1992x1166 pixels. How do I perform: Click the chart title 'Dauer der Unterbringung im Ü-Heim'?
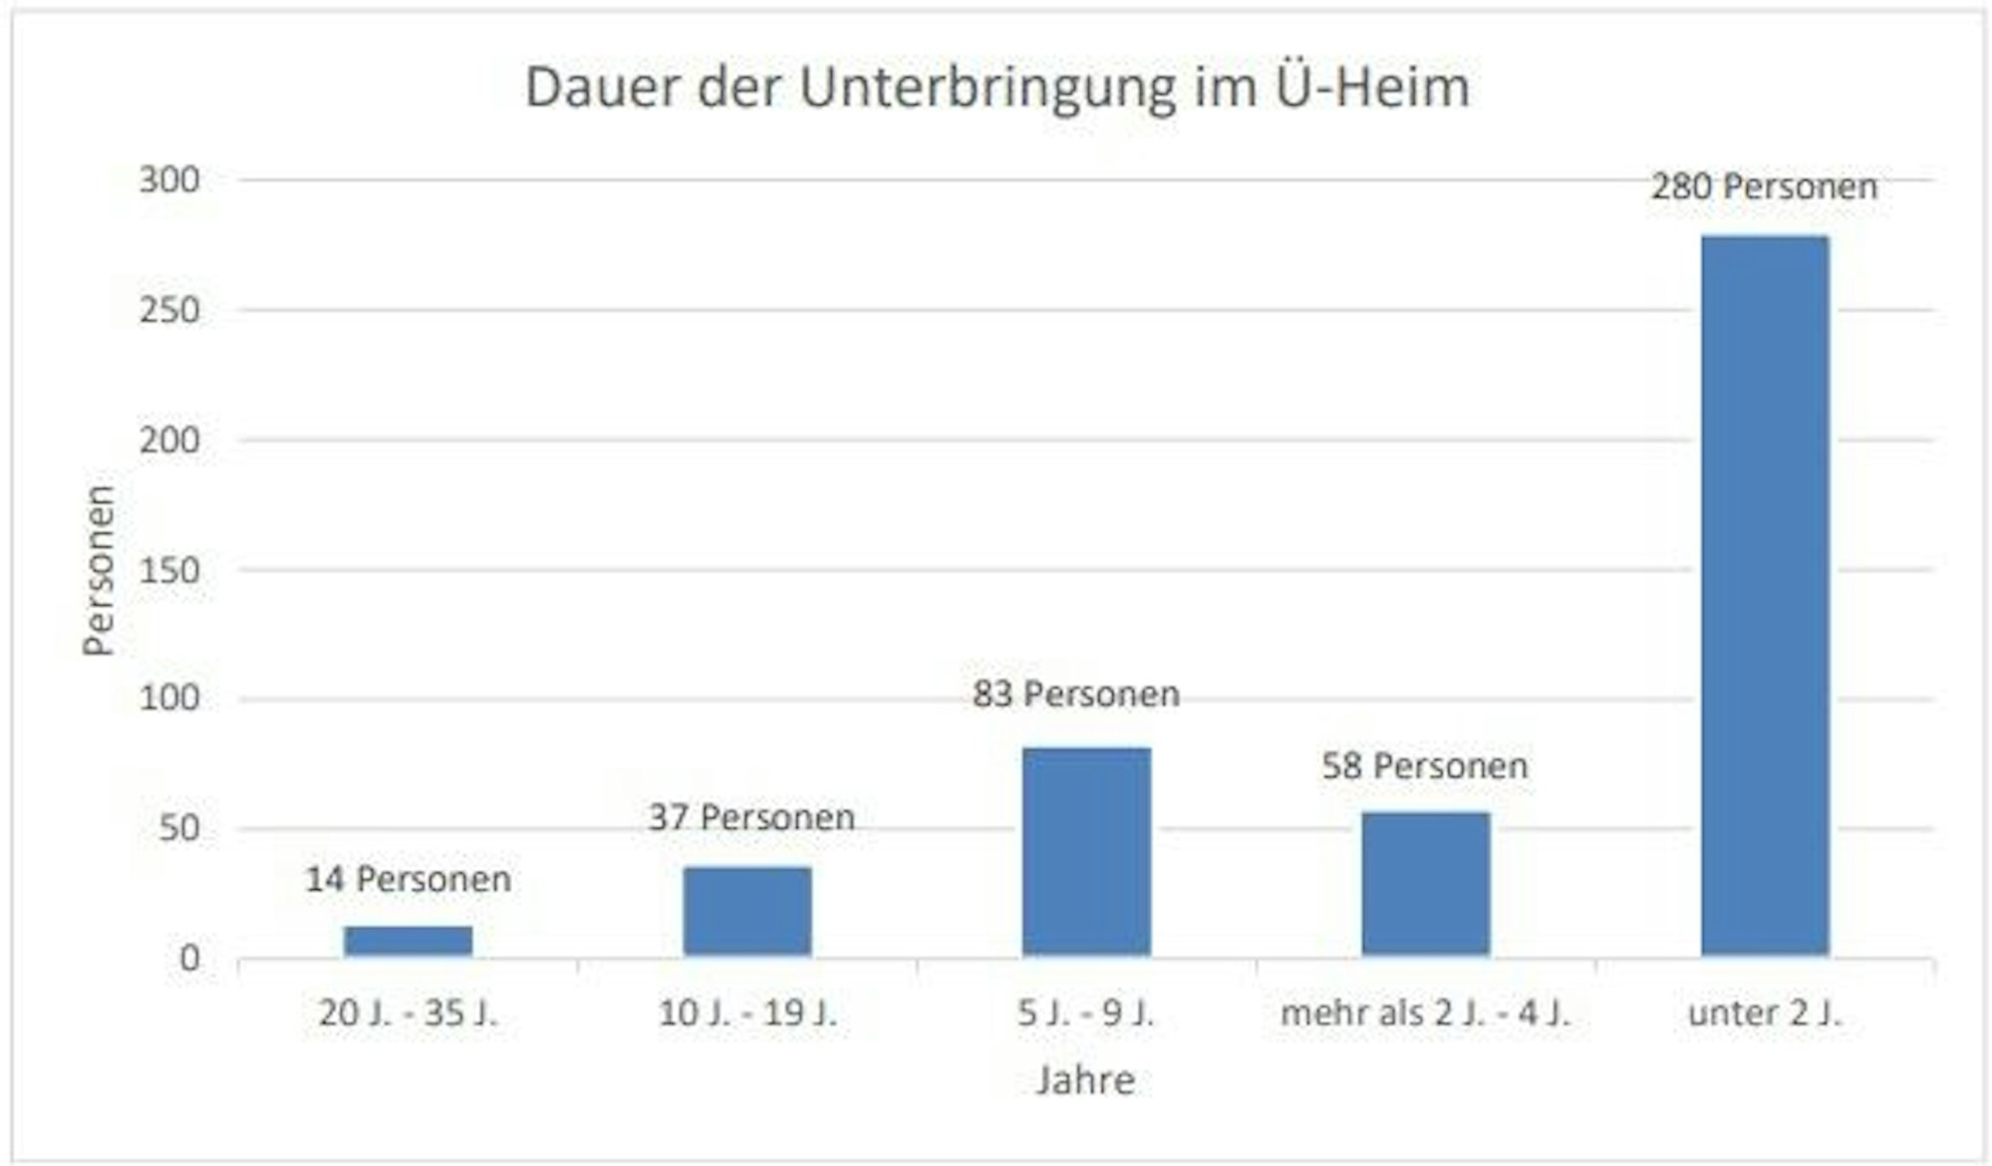[x=996, y=88]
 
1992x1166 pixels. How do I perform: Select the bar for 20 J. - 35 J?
[x=409, y=941]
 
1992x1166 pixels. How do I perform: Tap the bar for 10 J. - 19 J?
[x=747, y=911]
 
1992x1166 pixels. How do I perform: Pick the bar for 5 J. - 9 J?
[x=1086, y=852]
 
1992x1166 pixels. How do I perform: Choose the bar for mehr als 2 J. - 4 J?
[x=1426, y=884]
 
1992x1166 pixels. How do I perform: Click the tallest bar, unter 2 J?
[x=1765, y=596]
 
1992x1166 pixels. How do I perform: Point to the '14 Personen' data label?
[x=409, y=879]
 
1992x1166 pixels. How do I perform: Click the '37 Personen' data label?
[x=751, y=817]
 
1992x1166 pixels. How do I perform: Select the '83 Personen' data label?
[x=1076, y=694]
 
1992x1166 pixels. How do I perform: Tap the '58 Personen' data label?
[x=1425, y=765]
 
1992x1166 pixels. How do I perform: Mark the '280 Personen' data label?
[x=1764, y=186]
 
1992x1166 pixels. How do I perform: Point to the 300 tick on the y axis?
[x=169, y=180]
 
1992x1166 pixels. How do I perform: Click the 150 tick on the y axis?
[x=169, y=570]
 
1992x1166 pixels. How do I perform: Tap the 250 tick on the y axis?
[x=169, y=310]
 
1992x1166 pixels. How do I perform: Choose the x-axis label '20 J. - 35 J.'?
[x=409, y=1014]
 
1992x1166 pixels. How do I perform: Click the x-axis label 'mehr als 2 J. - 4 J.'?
[x=1425, y=1014]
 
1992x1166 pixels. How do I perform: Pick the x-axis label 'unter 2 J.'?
[x=1765, y=1014]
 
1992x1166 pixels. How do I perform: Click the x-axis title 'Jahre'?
[x=1085, y=1080]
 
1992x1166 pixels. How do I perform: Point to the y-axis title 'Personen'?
[x=100, y=570]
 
